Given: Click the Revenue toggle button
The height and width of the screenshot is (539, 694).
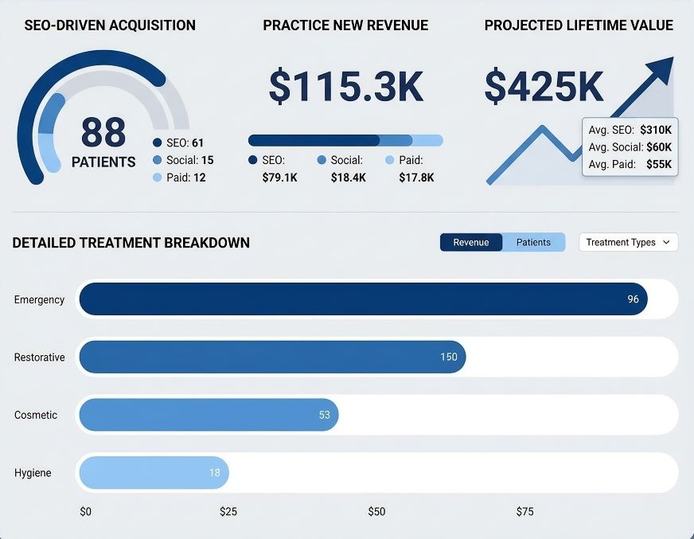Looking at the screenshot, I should tap(471, 242).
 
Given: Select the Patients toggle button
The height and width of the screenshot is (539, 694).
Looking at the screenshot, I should tap(533, 242).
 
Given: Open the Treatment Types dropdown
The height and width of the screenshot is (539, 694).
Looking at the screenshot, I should tap(628, 242).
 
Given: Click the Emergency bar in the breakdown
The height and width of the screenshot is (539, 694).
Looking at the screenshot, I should tap(363, 299).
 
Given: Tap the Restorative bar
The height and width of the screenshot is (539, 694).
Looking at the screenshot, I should tap(271, 357).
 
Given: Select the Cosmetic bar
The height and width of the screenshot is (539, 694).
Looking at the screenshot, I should tap(209, 415).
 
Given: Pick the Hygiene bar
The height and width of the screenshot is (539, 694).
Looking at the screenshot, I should tap(153, 473).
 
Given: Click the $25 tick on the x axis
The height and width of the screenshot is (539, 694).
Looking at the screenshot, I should tap(228, 511).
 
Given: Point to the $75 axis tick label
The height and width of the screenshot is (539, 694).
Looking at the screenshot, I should tap(524, 511).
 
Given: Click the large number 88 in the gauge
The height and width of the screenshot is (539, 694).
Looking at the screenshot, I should tap(103, 132).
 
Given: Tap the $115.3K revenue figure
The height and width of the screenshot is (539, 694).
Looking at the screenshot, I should tap(345, 87).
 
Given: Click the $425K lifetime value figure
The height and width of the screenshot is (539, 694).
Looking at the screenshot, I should tap(544, 87).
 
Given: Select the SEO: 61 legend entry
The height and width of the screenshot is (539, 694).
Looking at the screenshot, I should tap(179, 143).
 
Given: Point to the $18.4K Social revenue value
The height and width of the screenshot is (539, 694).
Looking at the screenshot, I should tap(348, 178).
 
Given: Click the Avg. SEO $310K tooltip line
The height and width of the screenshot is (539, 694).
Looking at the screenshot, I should tap(629, 130).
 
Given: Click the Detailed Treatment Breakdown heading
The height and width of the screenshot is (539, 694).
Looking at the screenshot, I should tap(131, 243).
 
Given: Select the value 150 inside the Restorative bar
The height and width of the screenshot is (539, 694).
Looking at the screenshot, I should tap(449, 357).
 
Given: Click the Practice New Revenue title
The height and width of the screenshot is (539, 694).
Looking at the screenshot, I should tap(345, 25).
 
